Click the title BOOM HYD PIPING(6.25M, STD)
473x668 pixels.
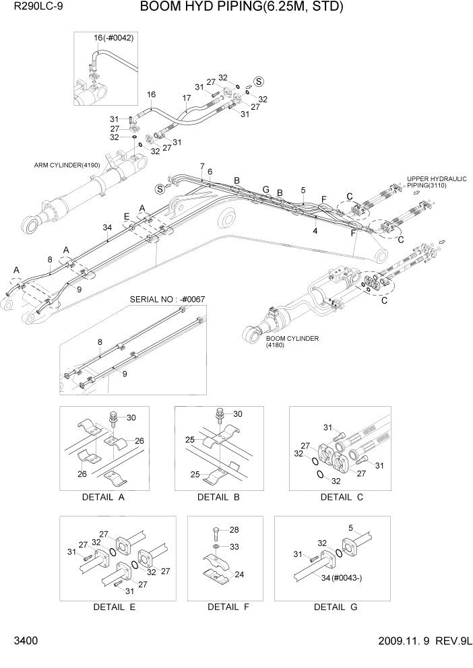coord(242,7)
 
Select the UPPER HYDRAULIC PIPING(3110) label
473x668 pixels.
coord(436,182)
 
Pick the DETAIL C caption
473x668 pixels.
coord(342,498)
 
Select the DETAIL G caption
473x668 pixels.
coord(335,607)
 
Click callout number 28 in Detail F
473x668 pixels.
coord(234,530)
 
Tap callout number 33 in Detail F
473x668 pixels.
coord(234,546)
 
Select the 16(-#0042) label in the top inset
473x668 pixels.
coord(114,38)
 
